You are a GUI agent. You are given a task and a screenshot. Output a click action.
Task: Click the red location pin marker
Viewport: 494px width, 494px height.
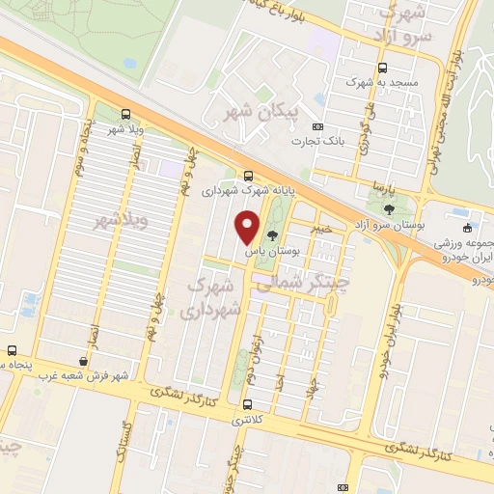point(248,227)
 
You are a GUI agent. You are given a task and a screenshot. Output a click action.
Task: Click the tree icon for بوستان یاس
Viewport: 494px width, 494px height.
point(273,234)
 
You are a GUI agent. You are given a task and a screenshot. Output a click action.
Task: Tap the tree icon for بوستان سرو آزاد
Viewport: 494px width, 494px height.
point(389,208)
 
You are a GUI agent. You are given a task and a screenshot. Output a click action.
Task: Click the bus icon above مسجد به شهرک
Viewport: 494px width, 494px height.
point(383,69)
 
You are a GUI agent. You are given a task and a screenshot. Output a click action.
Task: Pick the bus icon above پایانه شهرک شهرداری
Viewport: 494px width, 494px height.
point(249,176)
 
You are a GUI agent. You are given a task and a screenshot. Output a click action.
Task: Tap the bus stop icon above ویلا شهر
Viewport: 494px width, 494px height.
point(126,114)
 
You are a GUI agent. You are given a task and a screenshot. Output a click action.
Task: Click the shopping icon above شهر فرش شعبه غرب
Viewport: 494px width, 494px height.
point(84,361)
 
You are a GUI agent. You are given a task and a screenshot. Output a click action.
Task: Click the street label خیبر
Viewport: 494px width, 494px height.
point(322,229)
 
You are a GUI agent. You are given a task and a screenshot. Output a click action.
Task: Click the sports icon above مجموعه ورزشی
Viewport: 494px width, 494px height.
point(468,229)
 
